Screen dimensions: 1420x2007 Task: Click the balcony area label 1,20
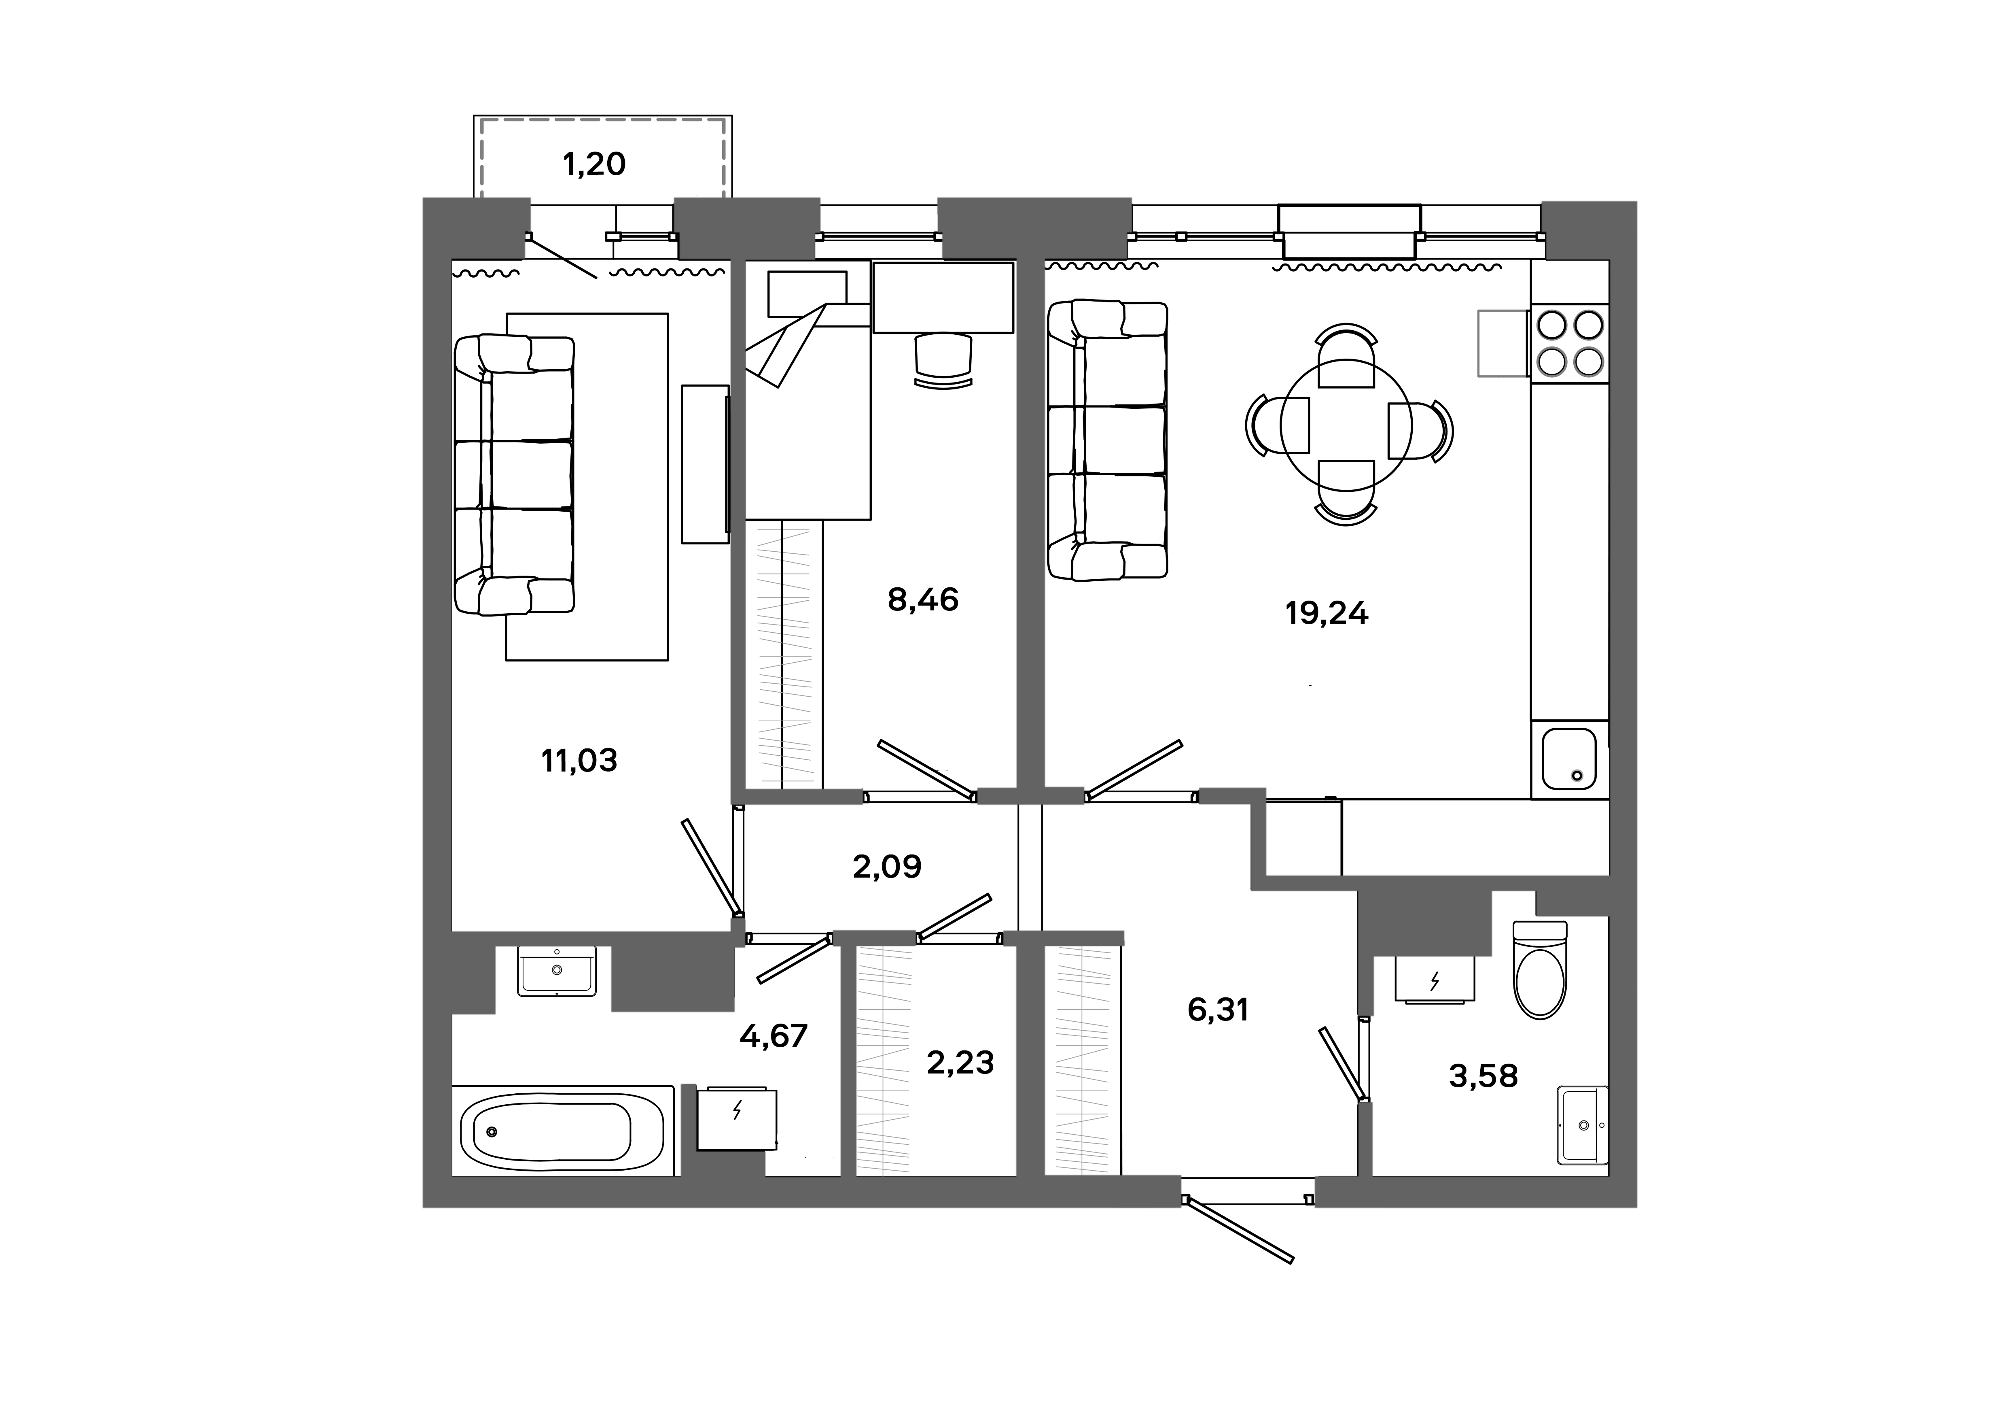pos(594,164)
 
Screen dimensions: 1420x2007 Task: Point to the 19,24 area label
pos(1326,614)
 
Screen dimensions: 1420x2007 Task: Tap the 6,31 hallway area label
pos(1218,1011)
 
